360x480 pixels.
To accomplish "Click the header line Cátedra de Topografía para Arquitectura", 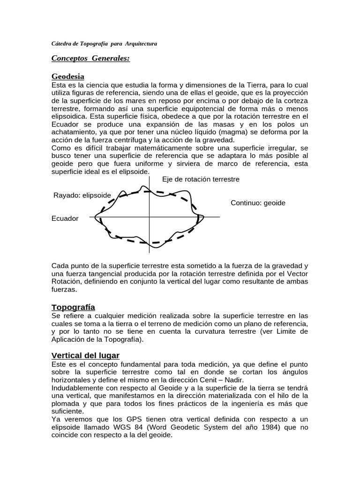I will (x=104, y=44).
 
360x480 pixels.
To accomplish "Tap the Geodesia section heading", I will (x=67, y=76).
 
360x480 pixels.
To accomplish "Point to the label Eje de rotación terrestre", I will (x=201, y=180).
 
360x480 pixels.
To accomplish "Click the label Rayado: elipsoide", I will (x=82, y=195).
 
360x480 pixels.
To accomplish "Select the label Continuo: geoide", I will (x=258, y=203).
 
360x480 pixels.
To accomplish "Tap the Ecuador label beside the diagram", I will (x=65, y=218).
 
